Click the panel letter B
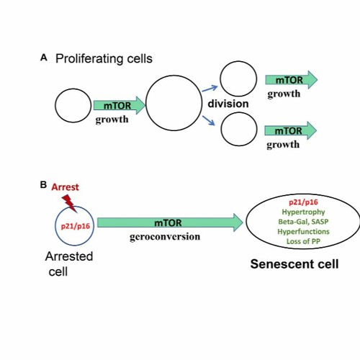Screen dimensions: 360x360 (43, 184)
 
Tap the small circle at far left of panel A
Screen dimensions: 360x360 (72, 106)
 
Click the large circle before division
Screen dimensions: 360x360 (173, 104)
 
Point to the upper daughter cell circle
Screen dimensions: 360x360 (238, 79)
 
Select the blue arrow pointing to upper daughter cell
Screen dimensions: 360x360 (210, 88)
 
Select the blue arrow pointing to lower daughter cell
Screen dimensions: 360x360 (210, 121)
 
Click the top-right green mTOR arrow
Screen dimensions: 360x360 (291, 80)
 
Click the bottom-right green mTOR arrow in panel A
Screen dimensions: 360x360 (291, 130)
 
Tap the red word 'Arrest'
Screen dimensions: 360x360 (65, 187)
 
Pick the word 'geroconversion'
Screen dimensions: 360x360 (165, 237)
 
